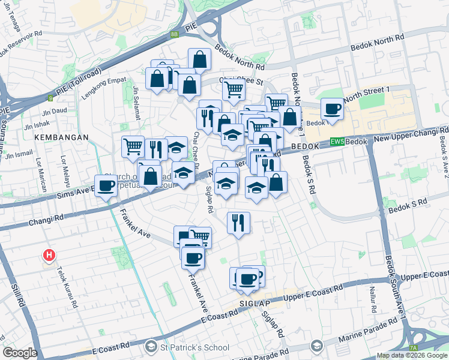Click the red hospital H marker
[49, 256]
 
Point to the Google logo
[20, 352]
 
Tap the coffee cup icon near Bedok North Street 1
[331, 109]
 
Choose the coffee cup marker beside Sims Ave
[107, 185]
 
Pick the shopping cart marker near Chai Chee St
[234, 89]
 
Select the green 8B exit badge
[175, 34]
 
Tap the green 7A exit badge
[413, 348]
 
